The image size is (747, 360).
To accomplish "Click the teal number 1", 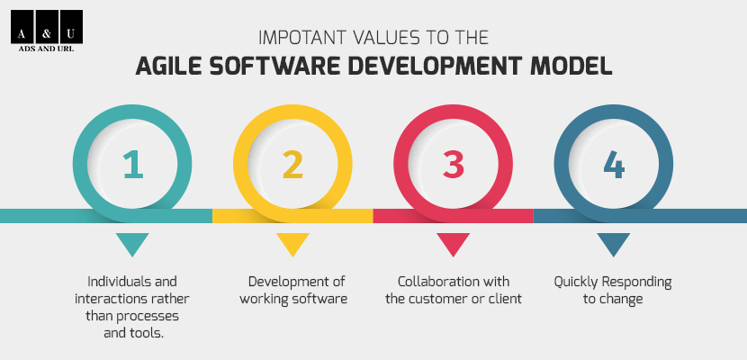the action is pyautogui.click(x=133, y=165).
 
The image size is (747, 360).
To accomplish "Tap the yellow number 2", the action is pyautogui.click(x=292, y=165).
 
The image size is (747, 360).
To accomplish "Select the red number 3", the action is pyautogui.click(x=453, y=165).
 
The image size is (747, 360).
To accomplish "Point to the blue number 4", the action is pyautogui.click(x=614, y=165).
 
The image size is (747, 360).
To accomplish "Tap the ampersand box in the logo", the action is pyautogui.click(x=47, y=27).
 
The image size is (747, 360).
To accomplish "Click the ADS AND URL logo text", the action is pyautogui.click(x=46, y=49).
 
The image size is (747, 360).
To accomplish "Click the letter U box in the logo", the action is pyautogui.click(x=71, y=27).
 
